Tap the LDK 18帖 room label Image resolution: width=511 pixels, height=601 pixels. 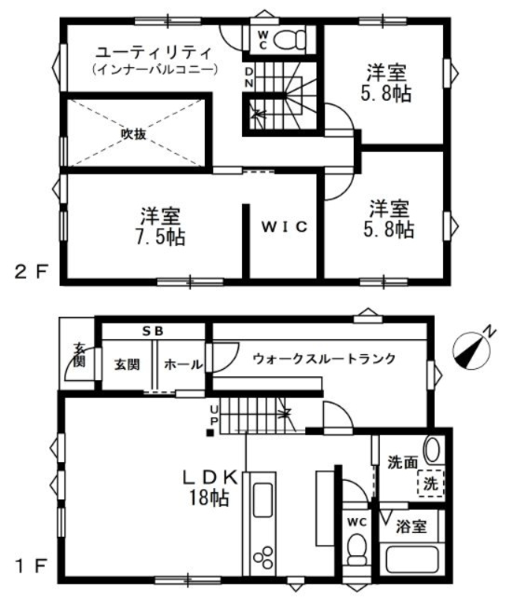(x=210, y=487)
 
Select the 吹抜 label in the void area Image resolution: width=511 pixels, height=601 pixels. (x=134, y=134)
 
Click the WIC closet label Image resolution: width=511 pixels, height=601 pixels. (x=285, y=227)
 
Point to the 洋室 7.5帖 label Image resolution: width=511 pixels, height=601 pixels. (x=160, y=226)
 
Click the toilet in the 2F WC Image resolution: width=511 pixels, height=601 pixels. (x=290, y=39)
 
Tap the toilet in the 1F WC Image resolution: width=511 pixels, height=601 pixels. (x=357, y=549)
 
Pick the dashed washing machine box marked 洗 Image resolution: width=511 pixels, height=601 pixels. (x=431, y=484)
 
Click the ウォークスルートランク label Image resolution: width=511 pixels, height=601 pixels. (x=324, y=359)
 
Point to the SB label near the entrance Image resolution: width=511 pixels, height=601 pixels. (x=153, y=331)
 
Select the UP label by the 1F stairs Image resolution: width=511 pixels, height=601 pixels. (x=213, y=415)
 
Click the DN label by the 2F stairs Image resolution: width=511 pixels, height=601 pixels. (x=249, y=77)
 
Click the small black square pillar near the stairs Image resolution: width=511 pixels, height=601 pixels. (x=210, y=433)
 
